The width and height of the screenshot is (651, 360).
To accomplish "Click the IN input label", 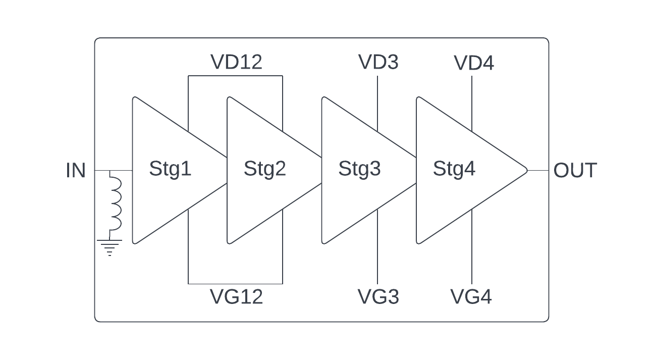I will (76, 171).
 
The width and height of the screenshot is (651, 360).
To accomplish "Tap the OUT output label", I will (575, 171).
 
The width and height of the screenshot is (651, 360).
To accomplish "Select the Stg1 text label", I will (170, 169).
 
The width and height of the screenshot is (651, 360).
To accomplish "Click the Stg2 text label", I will (264, 169).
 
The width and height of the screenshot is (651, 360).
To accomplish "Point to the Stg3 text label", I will (359, 169).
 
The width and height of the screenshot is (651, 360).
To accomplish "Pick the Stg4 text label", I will (454, 169).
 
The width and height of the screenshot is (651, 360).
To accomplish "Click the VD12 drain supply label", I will (236, 62).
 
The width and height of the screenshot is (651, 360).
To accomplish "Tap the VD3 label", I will (378, 62).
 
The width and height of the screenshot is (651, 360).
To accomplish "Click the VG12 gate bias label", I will (236, 296).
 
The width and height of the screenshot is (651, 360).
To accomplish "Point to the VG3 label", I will (378, 296).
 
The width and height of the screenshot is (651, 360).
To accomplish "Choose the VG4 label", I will (471, 296).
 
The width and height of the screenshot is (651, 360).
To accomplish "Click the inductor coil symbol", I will (115, 203).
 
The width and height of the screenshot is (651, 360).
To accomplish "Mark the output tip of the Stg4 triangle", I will (526, 171).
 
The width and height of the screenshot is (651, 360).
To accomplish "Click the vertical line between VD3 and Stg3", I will (378, 104).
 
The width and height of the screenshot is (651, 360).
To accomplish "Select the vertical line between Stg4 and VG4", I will (472, 247).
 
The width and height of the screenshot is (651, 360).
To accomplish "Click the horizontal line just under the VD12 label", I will (235, 76).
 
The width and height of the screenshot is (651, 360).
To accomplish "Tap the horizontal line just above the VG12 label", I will (235, 284).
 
